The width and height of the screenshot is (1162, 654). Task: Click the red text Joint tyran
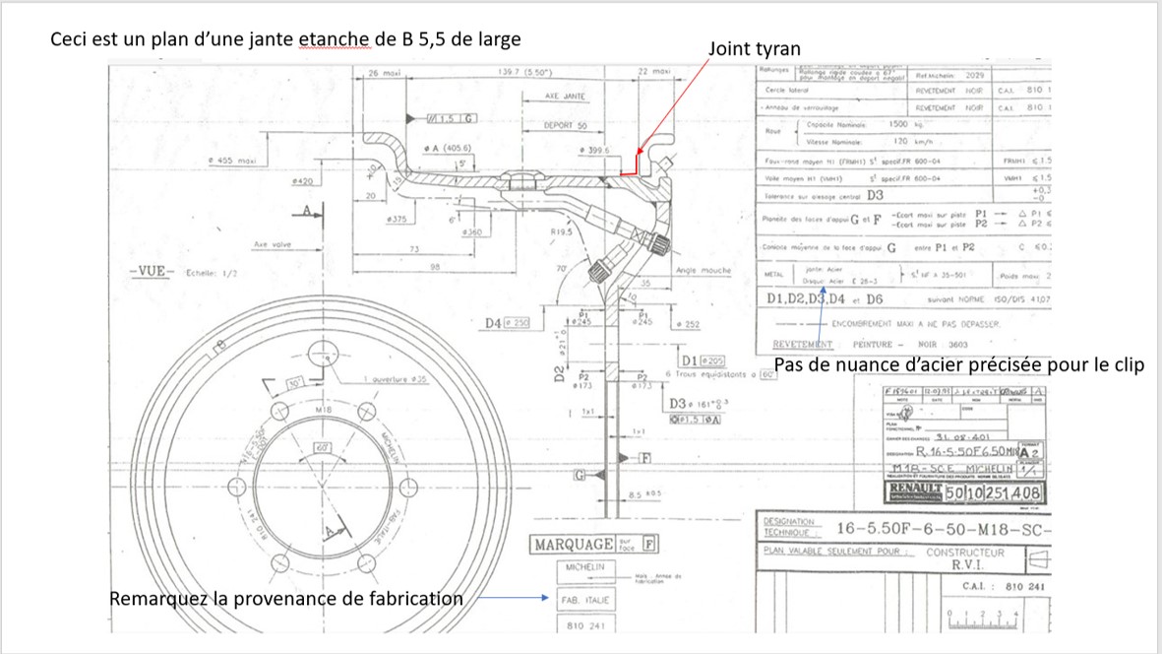[x=755, y=48]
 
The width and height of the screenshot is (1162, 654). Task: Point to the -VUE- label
[x=150, y=273]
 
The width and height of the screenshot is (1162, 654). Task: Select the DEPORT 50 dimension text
[x=565, y=126]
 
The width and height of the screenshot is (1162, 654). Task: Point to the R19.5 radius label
[x=563, y=233]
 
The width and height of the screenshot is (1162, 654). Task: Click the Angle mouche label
[x=702, y=269]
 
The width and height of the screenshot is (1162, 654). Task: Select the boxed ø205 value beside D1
[x=713, y=360]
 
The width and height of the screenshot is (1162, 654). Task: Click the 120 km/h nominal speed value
[x=901, y=141]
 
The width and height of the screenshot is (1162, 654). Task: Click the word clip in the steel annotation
[x=1127, y=365]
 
